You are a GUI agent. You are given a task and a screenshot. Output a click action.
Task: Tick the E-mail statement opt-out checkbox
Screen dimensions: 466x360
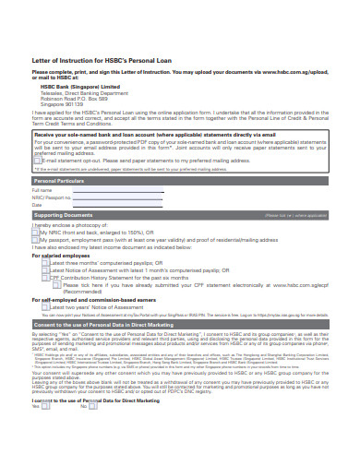point(37,160)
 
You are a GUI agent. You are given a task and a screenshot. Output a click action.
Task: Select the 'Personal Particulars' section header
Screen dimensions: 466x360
point(59,181)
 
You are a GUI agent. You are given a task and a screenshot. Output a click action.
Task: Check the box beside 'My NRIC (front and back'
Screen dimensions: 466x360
point(36,233)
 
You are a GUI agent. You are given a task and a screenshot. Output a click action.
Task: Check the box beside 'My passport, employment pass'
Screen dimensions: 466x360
point(36,241)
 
